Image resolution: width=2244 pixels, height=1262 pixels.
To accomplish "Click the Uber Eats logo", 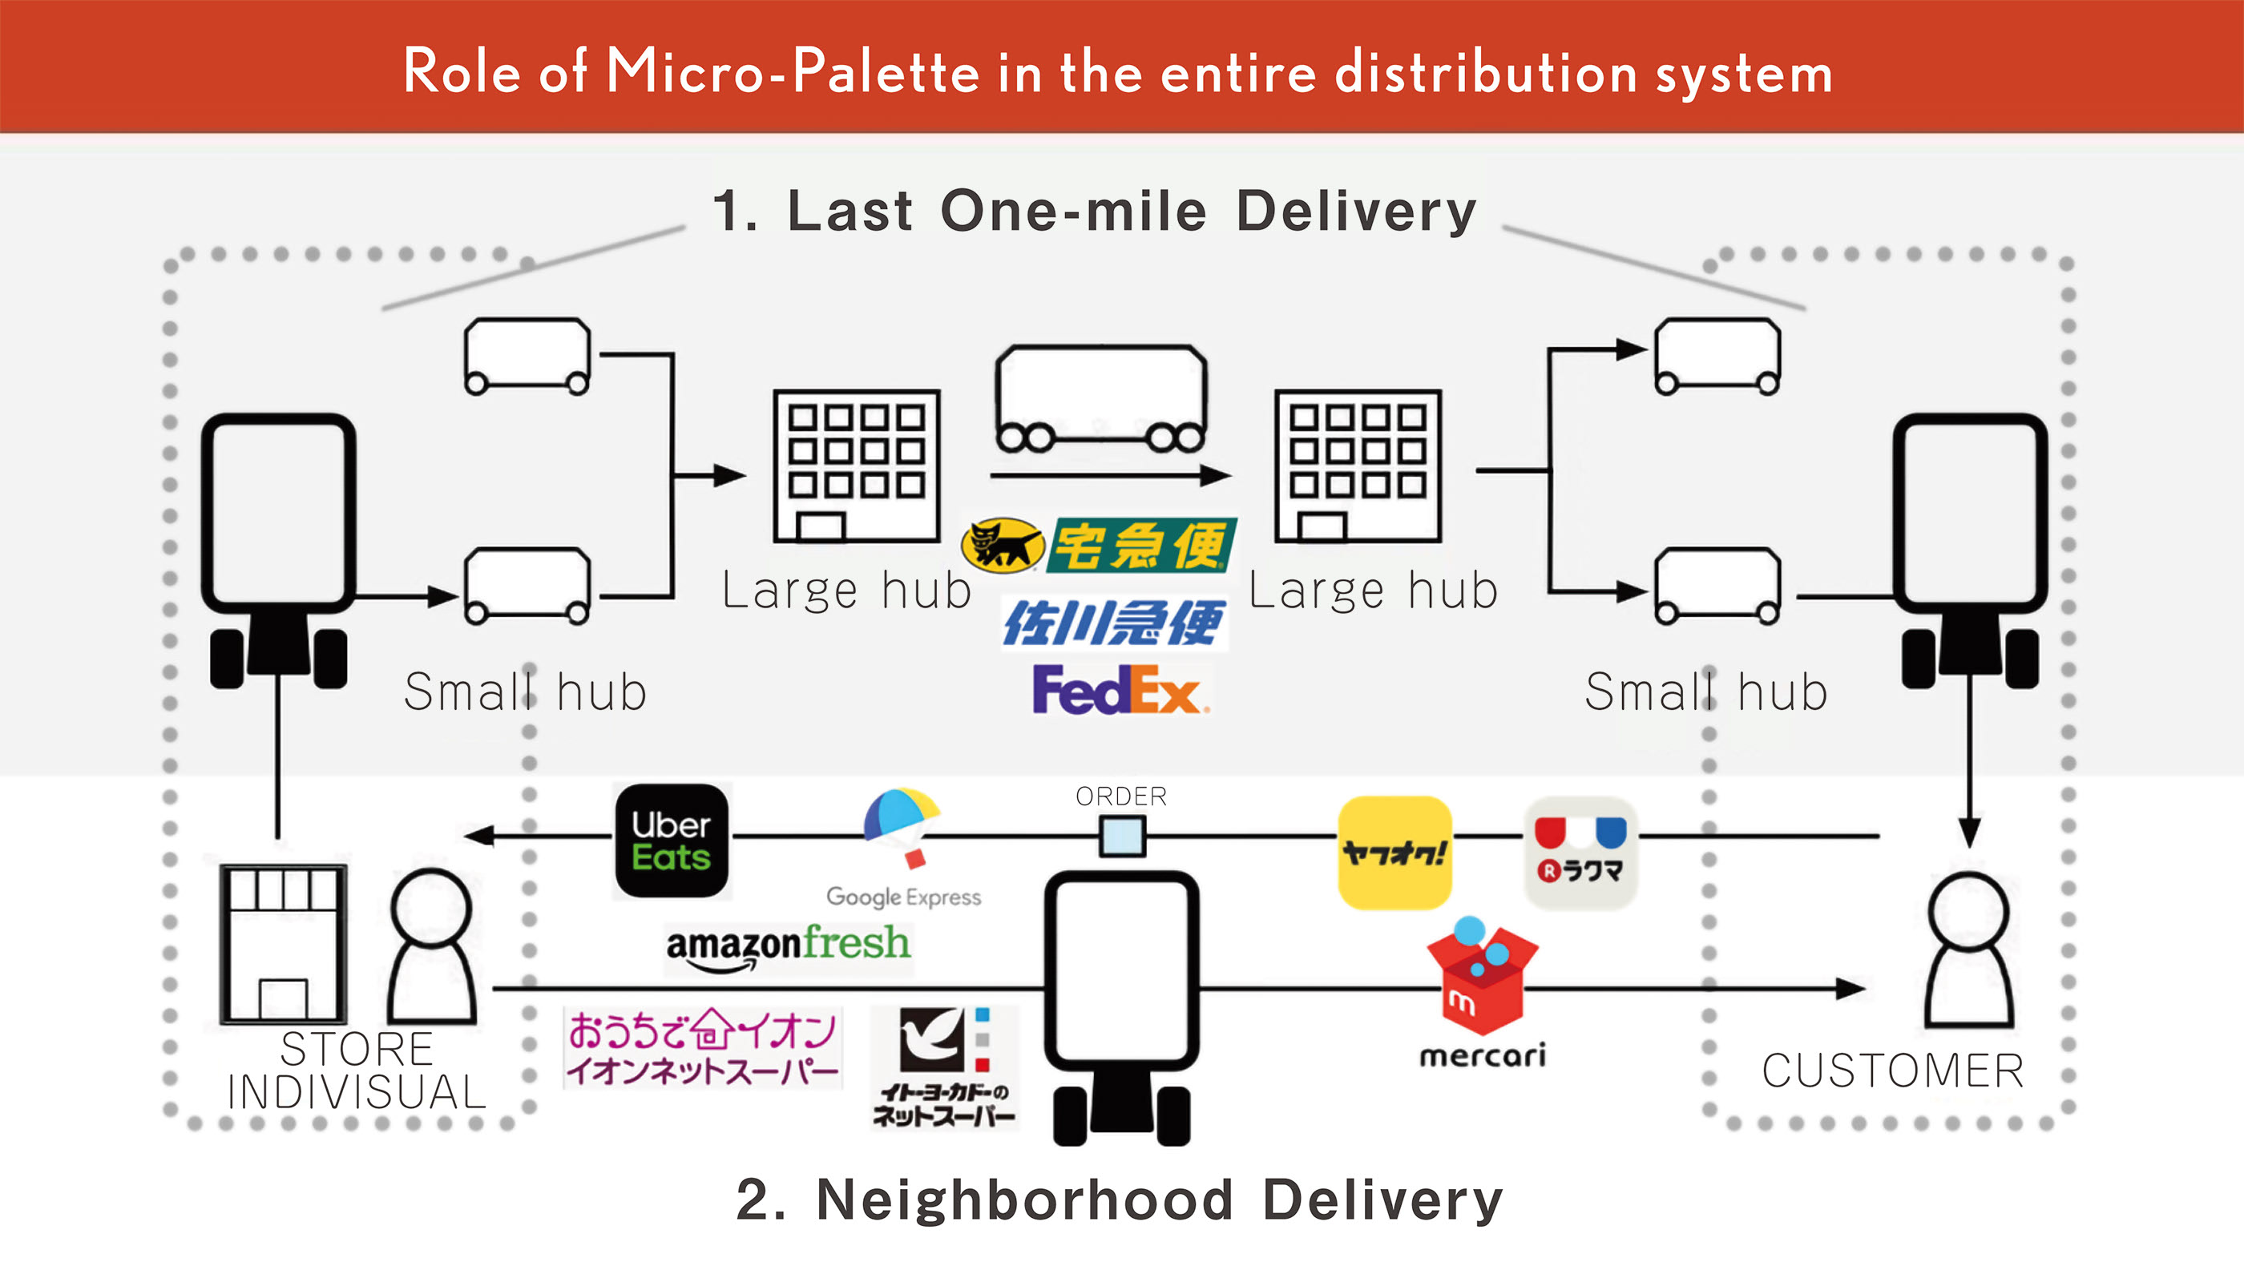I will click(672, 841).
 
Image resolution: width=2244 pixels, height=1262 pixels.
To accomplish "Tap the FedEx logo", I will click(1120, 689).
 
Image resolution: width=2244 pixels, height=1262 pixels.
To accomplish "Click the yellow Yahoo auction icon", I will click(1394, 853).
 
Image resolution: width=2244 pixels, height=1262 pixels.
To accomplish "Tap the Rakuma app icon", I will click(1580, 853).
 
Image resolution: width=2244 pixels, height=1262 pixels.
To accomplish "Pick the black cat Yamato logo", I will click(1002, 545).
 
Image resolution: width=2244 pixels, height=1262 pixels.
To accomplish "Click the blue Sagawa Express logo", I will click(1114, 622).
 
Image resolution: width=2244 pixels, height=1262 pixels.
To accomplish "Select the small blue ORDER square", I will click(1122, 837).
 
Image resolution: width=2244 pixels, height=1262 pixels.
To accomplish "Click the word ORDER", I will click(1121, 796).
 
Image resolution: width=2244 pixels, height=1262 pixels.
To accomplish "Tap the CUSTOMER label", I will click(1892, 1070).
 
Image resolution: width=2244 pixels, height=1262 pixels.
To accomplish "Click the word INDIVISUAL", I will click(357, 1092).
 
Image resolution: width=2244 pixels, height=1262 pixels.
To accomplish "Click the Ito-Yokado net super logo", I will click(944, 1067).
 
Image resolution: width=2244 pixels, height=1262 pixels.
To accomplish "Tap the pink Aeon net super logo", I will click(701, 1048).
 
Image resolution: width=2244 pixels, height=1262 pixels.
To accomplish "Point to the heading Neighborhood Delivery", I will click(1159, 1200).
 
